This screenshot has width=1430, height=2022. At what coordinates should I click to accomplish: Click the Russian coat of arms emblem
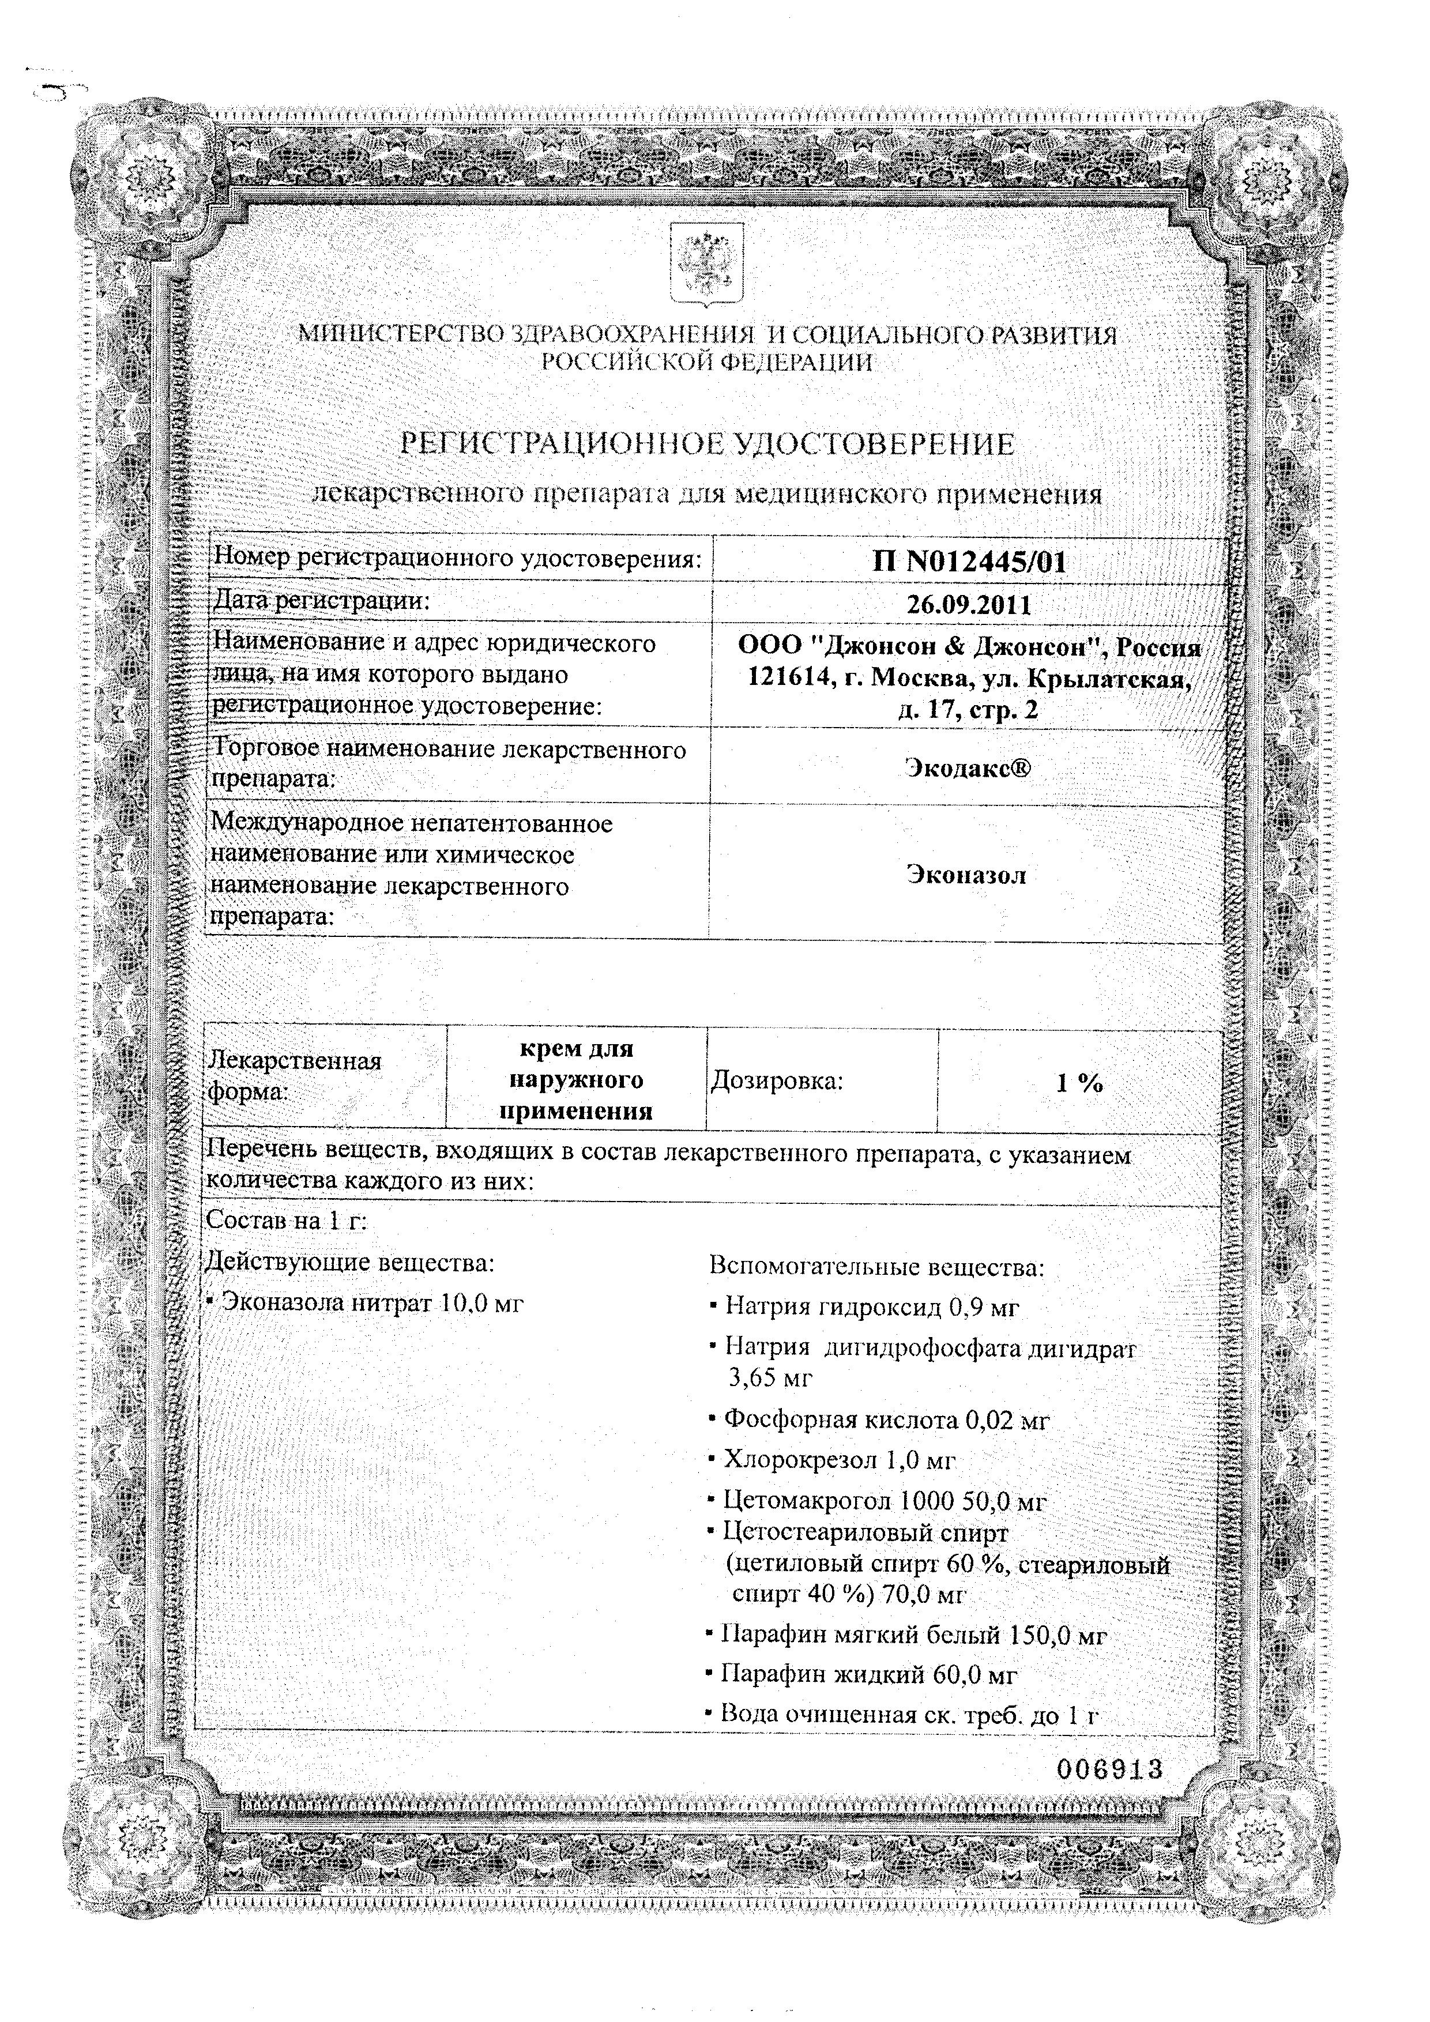[707, 263]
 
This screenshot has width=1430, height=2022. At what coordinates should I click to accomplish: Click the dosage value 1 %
[1079, 1083]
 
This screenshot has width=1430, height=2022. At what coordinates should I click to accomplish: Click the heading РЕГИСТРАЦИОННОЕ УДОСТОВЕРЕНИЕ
[707, 444]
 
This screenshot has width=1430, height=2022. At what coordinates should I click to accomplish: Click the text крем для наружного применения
[576, 1080]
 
